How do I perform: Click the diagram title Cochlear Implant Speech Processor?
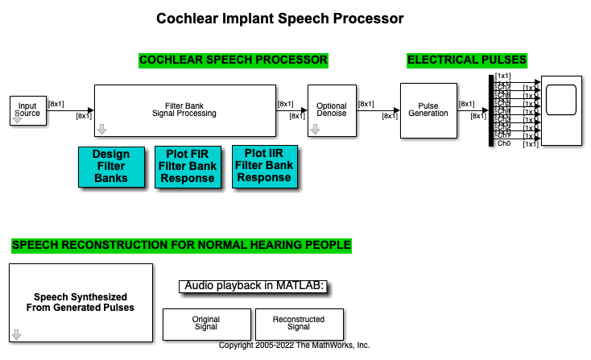tap(279, 18)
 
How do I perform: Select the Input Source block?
tap(27, 110)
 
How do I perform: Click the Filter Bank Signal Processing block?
tap(184, 110)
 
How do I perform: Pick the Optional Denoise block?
tap(331, 110)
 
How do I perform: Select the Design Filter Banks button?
tap(110, 166)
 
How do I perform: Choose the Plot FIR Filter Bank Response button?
tap(187, 167)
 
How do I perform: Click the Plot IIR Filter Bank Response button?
tap(264, 166)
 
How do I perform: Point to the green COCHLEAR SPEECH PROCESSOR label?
tap(234, 60)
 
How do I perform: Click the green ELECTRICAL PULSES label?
tap(467, 60)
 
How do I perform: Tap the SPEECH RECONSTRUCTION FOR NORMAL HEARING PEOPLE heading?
tap(181, 245)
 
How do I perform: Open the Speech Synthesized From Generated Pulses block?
tap(81, 302)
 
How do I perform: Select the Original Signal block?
tap(206, 324)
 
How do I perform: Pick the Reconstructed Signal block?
tap(299, 324)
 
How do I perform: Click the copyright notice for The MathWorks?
tap(295, 345)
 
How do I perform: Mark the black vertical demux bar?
tap(490, 111)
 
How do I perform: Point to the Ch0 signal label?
tap(504, 143)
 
